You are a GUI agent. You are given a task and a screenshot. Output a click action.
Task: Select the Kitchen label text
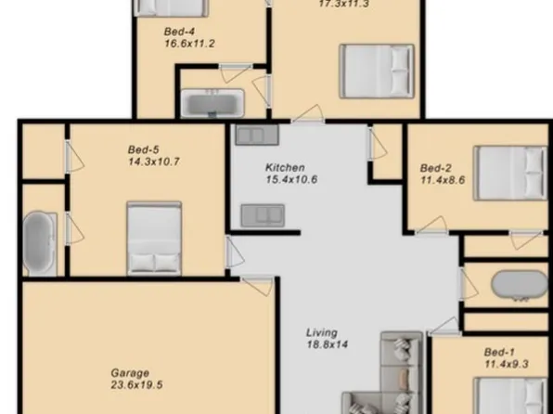(x=286, y=167)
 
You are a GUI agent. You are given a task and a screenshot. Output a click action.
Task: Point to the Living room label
(x=322, y=332)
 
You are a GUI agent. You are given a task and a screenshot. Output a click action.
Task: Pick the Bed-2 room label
(x=435, y=168)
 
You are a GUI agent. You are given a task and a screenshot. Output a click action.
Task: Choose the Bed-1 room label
(x=499, y=353)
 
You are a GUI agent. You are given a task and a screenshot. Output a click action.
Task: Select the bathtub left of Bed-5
(x=39, y=243)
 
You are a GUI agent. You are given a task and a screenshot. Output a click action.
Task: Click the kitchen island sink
(x=264, y=215)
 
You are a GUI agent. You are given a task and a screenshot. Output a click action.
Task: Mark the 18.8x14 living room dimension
(x=327, y=344)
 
